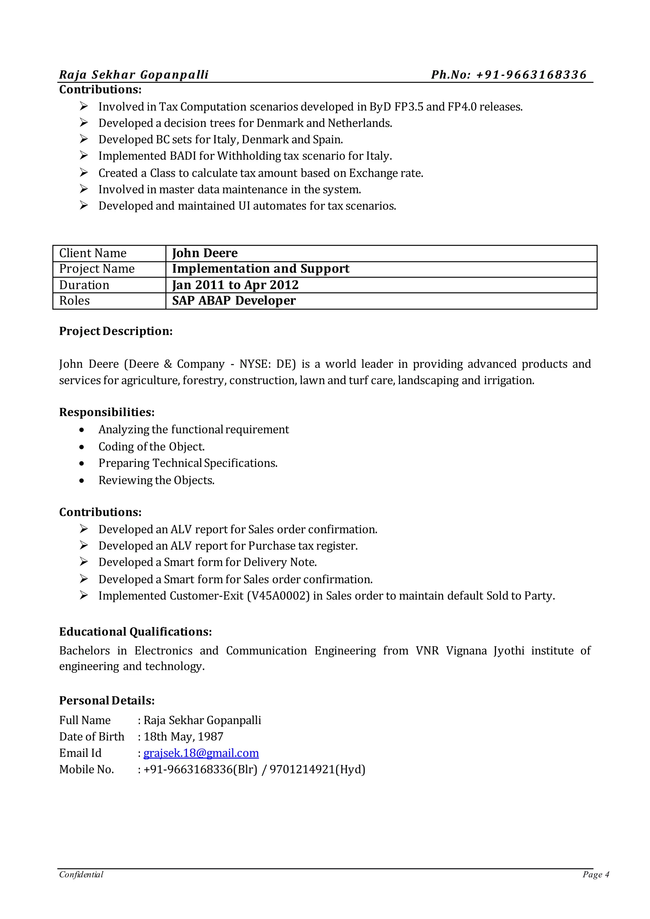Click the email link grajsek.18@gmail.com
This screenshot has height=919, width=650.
[201, 753]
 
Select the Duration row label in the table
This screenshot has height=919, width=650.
[84, 285]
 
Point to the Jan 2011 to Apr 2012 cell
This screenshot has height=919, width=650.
[235, 285]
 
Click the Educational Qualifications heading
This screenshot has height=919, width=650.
[135, 631]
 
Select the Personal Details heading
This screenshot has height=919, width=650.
[107, 700]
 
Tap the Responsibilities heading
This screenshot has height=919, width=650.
[107, 412]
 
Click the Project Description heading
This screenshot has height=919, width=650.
[116, 331]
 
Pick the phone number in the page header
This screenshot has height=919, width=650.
[509, 75]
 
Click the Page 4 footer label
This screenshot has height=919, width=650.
[595, 875]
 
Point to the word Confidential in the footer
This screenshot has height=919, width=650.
[81, 875]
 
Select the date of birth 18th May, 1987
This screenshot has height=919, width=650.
[183, 737]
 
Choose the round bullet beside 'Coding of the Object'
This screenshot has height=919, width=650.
[82, 447]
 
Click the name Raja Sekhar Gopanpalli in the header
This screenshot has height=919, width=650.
[134, 75]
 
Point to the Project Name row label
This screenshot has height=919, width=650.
[97, 268]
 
